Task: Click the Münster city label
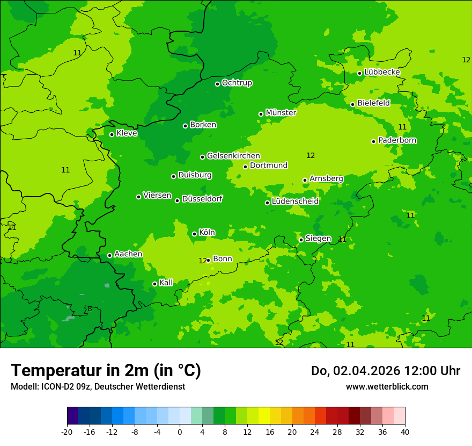pos(281,113)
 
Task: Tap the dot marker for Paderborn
pos(374,141)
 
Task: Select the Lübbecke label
pos(382,72)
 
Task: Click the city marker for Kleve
pos(112,134)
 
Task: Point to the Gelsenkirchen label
pos(233,156)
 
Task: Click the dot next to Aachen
pos(109,255)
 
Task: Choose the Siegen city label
pos(318,239)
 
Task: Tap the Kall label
pos(166,283)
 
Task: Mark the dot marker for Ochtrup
pos(217,84)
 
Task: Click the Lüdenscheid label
pos(295,202)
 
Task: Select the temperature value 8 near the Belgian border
pos(90,309)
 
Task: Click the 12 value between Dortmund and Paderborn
pos(311,156)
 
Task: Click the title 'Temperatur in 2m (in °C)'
pos(106,370)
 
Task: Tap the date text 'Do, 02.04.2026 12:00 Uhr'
pos(385,371)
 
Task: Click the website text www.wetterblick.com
pos(387,386)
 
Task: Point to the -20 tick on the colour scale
pos(67,431)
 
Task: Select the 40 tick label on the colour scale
pos(405,431)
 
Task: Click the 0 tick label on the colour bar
pos(180,431)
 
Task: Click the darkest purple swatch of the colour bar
pos(72,416)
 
